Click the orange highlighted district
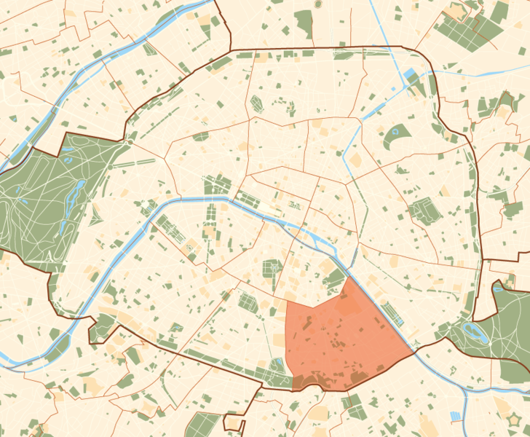point(342,335)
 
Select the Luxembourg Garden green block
point(272,270)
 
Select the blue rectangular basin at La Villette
point(409,75)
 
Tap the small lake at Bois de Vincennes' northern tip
point(498,288)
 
